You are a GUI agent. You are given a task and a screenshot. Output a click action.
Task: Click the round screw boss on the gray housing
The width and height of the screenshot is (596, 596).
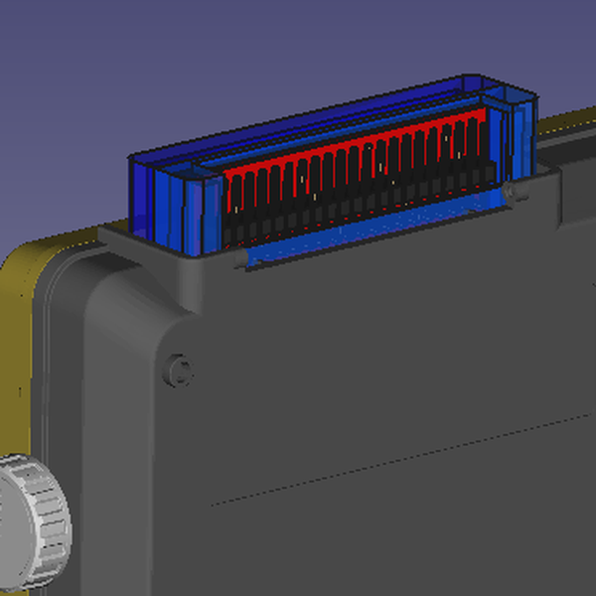(x=179, y=370)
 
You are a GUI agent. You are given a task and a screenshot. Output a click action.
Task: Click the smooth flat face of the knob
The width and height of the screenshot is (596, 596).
(x=10, y=526)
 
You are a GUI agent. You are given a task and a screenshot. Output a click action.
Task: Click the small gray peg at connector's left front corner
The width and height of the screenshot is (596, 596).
(x=243, y=260)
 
